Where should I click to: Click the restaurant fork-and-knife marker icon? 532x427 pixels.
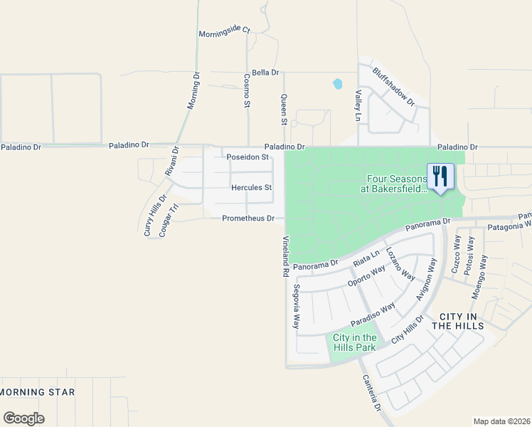pos(440,176)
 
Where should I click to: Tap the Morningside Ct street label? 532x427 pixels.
pos(225,31)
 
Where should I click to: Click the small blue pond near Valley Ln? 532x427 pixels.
pos(337,84)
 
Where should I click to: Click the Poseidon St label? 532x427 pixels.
pos(247,157)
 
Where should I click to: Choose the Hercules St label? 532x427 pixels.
pos(252,188)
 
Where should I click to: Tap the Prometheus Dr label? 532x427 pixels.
pos(248,218)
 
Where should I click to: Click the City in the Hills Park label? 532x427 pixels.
pos(354,342)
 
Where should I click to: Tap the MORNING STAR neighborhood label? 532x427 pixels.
pos(37,392)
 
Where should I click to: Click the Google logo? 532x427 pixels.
pos(23,418)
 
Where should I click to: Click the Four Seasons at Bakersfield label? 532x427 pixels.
pos(397,184)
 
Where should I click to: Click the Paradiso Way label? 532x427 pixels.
pos(373,315)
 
